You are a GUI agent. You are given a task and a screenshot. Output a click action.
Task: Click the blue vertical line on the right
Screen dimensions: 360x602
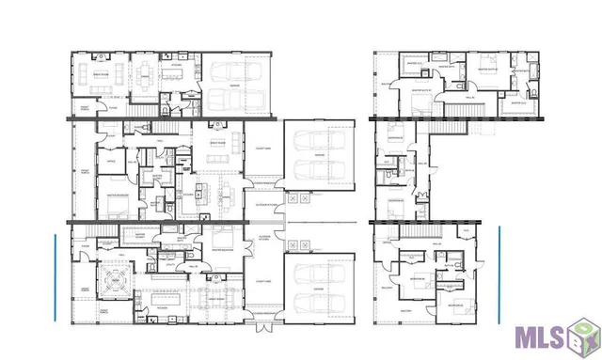click(x=499, y=273)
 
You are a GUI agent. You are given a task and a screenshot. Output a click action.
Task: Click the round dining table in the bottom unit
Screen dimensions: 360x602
click(x=120, y=278)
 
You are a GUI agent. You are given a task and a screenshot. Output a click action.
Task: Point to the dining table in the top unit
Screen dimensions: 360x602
click(x=144, y=73)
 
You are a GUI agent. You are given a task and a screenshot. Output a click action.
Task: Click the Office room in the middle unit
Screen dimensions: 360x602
click(x=111, y=163)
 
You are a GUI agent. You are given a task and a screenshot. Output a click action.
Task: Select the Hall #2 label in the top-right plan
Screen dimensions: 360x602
click(x=470, y=96)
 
